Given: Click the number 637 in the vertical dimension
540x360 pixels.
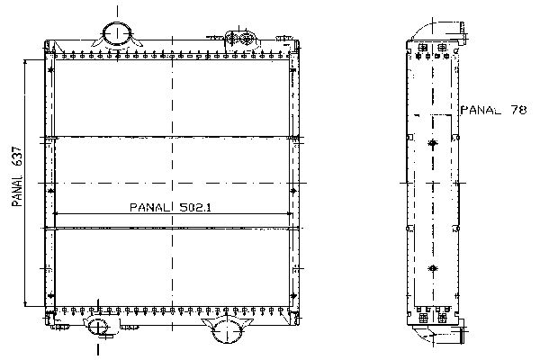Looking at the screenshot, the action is [17, 158].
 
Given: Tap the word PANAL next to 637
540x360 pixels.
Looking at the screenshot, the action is [17, 191].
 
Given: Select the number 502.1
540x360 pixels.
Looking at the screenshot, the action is [195, 207].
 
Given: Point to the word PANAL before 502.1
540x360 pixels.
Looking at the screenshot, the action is [150, 207].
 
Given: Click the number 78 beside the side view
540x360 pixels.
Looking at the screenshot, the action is [518, 110].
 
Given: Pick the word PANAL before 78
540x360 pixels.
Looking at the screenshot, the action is [481, 110].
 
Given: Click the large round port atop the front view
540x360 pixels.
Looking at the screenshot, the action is [117, 33].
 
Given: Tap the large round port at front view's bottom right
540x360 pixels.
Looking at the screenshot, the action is [227, 330].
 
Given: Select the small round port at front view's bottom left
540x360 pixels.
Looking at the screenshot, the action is [98, 326].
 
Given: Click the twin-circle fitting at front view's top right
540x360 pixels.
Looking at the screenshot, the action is [240, 39].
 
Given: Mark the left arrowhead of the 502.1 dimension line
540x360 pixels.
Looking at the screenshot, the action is [56, 214].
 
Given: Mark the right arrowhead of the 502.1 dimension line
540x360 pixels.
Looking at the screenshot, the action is [289, 214].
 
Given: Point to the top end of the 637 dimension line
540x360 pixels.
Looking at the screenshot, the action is [25, 60].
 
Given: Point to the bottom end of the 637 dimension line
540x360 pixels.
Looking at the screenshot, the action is [25, 306].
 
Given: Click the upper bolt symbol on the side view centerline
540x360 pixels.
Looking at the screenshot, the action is [433, 143].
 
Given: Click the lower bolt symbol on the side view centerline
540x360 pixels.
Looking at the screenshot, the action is [433, 268].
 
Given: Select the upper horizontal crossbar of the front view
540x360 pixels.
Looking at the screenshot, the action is [172, 138].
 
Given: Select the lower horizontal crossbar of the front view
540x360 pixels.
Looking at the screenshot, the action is [172, 228].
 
